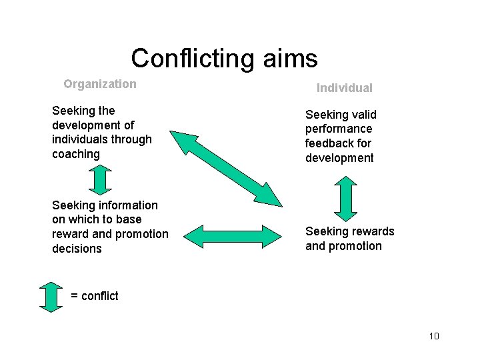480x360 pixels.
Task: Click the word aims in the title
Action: pyautogui.click(x=287, y=59)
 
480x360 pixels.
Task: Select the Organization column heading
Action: pyautogui.click(x=100, y=84)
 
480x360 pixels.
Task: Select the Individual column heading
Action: pyautogui.click(x=344, y=88)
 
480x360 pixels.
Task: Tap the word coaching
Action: pyautogui.click(x=75, y=154)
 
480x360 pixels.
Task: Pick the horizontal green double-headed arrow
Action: pyautogui.click(x=232, y=236)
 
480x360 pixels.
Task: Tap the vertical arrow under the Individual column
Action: pyautogui.click(x=345, y=198)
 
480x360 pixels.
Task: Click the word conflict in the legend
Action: pyautogui.click(x=100, y=296)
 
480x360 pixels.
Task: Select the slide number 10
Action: pyautogui.click(x=434, y=335)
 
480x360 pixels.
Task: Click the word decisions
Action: pyautogui.click(x=77, y=249)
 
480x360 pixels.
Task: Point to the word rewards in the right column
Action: pyautogui.click(x=370, y=231)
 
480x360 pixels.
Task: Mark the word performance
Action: pyautogui.click(x=339, y=129)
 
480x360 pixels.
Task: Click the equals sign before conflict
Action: pyautogui.click(x=74, y=296)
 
